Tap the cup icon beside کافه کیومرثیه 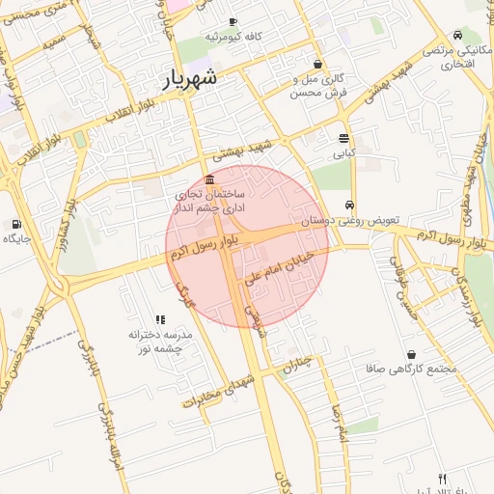pyautogui.click(x=233, y=21)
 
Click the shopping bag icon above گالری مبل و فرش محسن pyautogui.click(x=318, y=64)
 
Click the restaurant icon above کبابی pyautogui.click(x=344, y=138)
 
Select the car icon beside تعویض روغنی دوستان pyautogui.click(x=349, y=205)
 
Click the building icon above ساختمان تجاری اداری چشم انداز pyautogui.click(x=210, y=178)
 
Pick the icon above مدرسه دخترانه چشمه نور pyautogui.click(x=160, y=319)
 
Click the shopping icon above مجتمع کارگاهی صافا pyautogui.click(x=413, y=354)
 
